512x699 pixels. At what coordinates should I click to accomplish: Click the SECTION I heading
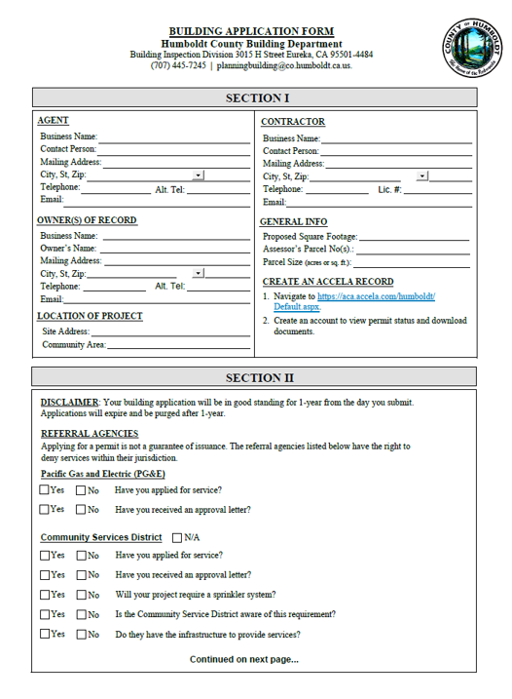click(x=258, y=97)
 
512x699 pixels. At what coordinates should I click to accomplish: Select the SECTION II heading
click(x=259, y=377)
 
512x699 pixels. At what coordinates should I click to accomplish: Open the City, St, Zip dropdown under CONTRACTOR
click(x=422, y=176)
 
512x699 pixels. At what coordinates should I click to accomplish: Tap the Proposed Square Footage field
click(x=414, y=237)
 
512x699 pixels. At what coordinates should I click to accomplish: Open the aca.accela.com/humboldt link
click(x=375, y=296)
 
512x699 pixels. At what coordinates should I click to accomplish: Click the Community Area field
click(x=178, y=345)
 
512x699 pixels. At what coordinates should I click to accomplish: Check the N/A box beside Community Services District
click(x=177, y=537)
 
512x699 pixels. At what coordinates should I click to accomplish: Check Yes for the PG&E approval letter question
click(x=45, y=509)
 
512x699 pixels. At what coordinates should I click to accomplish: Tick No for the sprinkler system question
click(x=82, y=595)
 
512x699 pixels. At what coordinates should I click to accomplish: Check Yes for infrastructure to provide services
click(x=45, y=634)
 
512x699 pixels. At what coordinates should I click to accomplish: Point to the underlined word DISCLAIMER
click(x=69, y=402)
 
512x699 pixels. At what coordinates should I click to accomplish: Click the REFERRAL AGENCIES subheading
click(x=89, y=433)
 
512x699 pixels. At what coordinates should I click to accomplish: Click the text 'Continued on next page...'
click(x=243, y=659)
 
